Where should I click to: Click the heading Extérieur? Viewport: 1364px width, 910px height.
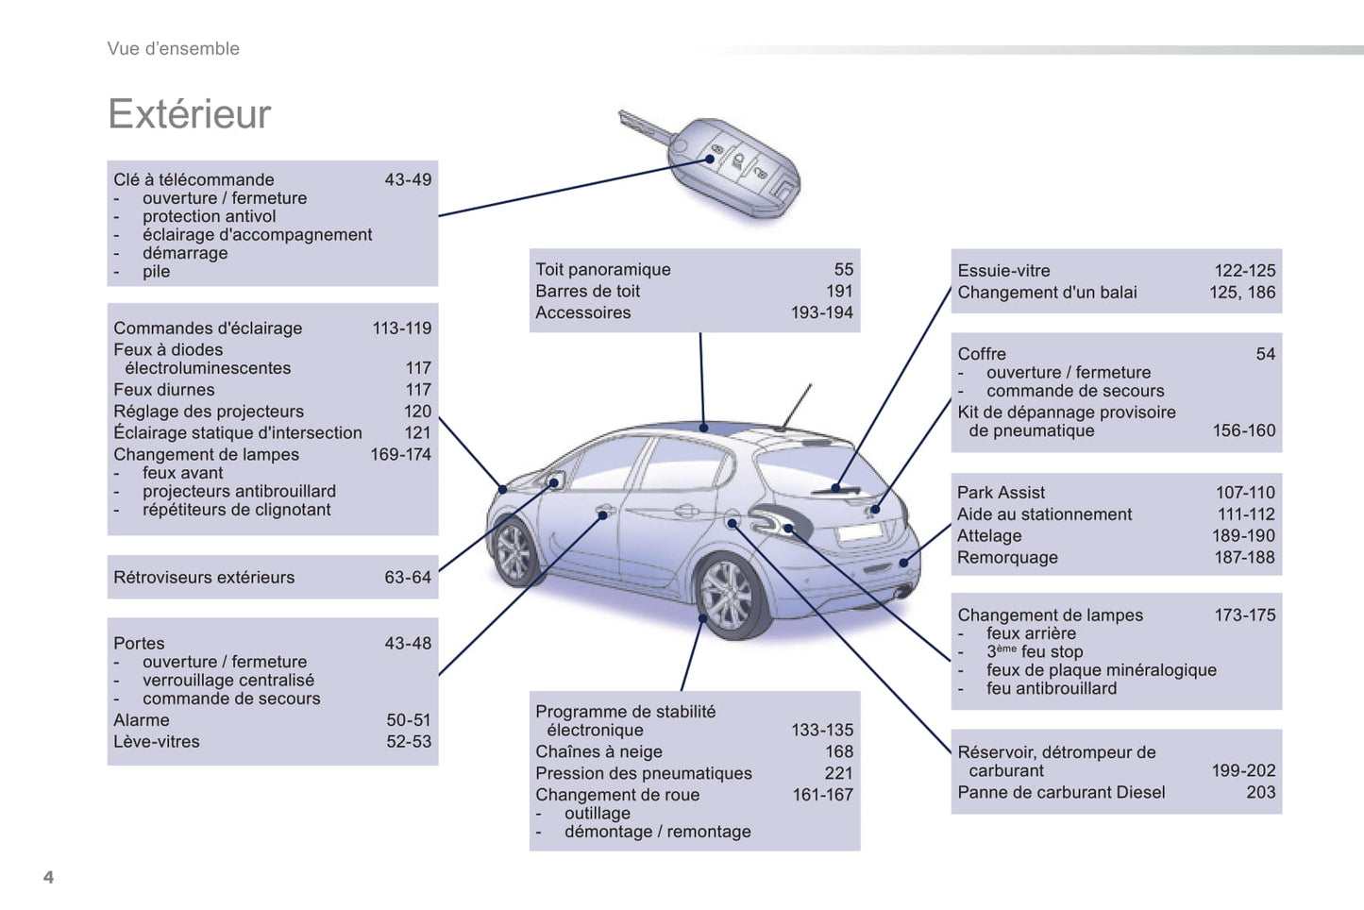[190, 114]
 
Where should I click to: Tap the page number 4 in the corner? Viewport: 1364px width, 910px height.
[48, 877]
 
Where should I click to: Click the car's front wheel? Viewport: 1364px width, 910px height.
[514, 552]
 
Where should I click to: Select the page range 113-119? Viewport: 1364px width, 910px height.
[401, 329]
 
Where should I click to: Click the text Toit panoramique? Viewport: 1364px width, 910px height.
[602, 270]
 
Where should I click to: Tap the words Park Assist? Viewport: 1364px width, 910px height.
[1001, 493]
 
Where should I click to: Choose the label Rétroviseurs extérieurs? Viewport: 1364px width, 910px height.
[204, 578]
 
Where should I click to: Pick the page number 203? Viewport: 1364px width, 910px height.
[1260, 793]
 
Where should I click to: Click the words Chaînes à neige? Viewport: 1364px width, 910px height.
[598, 752]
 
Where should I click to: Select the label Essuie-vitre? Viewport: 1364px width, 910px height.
[1003, 271]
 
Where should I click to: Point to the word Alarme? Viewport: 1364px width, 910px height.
[142, 720]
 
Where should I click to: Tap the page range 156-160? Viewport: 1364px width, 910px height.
[1243, 431]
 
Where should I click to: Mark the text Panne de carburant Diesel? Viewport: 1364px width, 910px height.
[1061, 793]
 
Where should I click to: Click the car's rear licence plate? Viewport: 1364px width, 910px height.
[858, 531]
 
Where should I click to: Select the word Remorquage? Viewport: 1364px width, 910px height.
[1007, 558]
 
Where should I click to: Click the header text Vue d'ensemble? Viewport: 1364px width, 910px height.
[174, 49]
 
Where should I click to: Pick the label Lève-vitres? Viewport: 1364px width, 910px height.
[157, 742]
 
